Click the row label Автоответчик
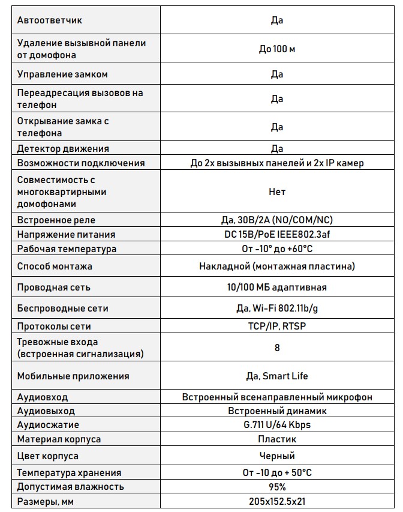[50, 20]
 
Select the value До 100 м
[276, 49]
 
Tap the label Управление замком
[62, 75]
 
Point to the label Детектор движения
[63, 149]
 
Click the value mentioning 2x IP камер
[276, 163]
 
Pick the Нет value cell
[276, 192]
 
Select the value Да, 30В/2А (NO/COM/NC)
[276, 220]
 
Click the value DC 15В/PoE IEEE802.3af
[276, 234]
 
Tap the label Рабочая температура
[67, 248]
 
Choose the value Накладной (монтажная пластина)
[276, 266]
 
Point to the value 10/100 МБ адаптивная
[276, 287]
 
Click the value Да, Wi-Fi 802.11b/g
[276, 309]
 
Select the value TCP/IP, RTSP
[276, 326]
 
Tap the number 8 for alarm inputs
[276, 348]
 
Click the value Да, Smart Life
[276, 376]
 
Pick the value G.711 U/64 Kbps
[276, 425]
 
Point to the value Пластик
[276, 439]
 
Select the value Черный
[276, 456]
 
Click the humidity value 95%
[276, 487]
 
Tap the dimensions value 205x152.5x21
[276, 501]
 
